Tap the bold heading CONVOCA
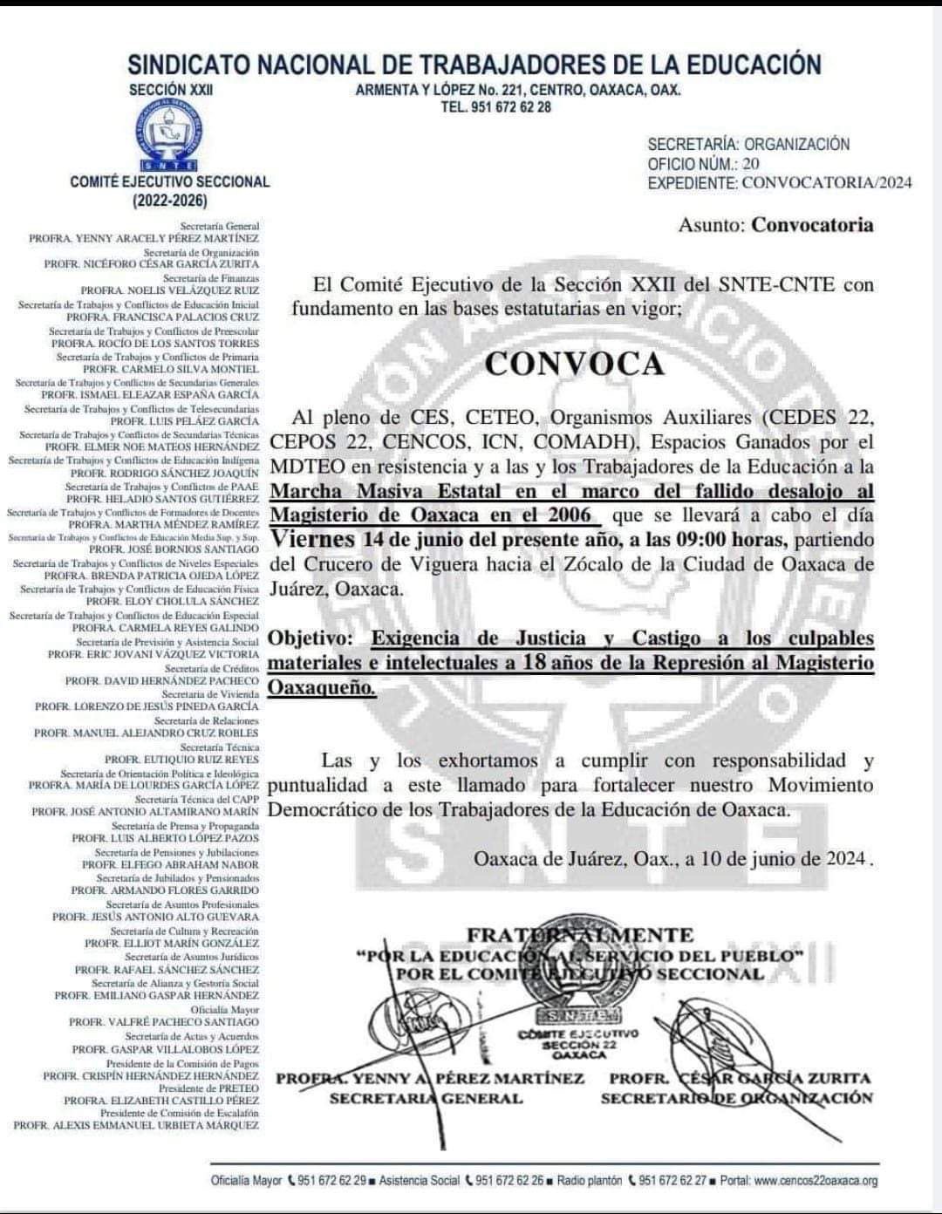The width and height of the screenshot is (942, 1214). click(575, 364)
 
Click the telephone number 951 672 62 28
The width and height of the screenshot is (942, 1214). click(496, 107)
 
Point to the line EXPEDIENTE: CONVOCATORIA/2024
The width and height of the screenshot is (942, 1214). click(779, 183)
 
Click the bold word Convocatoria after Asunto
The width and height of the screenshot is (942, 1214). click(812, 225)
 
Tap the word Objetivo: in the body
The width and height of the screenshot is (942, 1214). click(311, 638)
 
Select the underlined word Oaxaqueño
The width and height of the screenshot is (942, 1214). click(322, 687)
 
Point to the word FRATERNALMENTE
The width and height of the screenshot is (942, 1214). click(580, 935)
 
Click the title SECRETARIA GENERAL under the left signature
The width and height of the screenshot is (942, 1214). click(426, 1098)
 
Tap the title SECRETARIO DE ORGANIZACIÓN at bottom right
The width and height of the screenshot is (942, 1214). click(736, 1098)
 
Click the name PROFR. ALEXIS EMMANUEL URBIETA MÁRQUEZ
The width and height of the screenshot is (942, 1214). click(136, 1126)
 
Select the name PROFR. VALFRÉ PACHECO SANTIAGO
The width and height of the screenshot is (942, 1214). click(164, 1021)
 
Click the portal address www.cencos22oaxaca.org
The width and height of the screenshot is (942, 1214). click(816, 1181)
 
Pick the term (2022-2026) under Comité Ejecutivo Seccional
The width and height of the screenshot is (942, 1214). click(170, 201)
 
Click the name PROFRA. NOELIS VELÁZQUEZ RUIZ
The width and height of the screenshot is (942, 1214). click(170, 290)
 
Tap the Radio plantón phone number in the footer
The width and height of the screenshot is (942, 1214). click(672, 1181)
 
